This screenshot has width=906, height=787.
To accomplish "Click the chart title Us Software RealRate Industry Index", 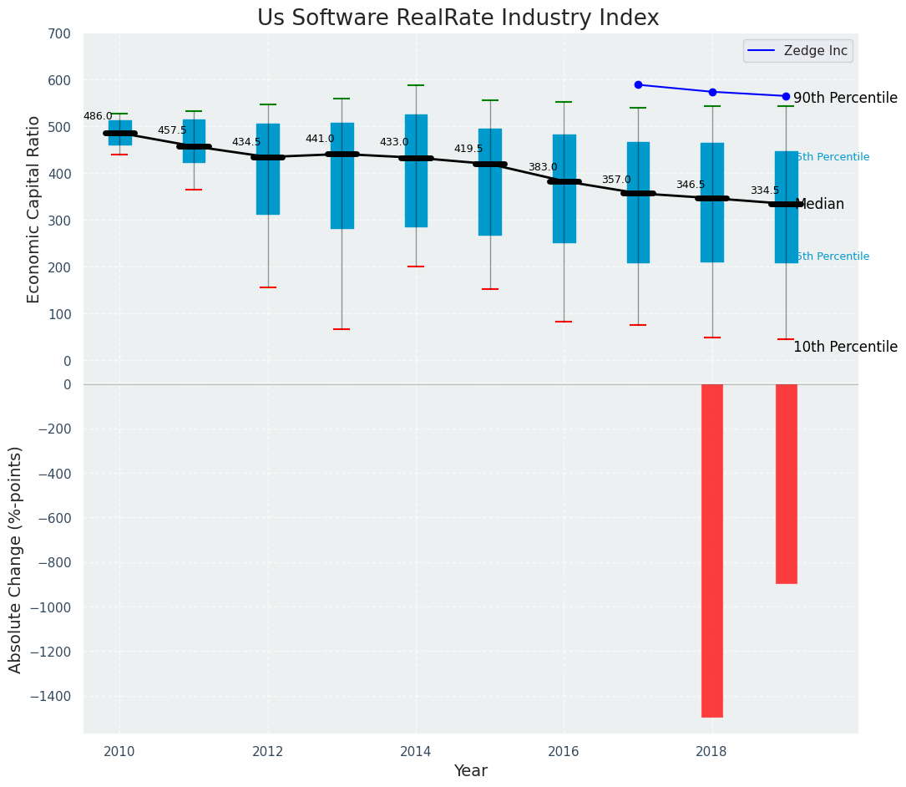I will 458,18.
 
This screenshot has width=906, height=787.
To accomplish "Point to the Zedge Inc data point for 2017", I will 638,84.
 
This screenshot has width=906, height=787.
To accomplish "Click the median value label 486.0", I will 98,116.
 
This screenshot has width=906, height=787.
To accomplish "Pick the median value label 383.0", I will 542,167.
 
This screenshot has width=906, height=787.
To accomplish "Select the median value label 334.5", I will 764,190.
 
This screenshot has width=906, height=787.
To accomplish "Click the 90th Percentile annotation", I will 845,98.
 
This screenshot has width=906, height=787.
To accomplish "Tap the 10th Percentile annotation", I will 845,347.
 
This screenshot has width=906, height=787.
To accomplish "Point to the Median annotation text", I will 820,204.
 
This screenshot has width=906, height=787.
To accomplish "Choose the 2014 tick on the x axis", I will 416,751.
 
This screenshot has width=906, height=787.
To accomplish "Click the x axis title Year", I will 470,771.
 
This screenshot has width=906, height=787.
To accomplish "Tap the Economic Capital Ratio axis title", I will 34,209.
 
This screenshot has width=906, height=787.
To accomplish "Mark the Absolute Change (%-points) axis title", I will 16,559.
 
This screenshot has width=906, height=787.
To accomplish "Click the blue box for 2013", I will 342,175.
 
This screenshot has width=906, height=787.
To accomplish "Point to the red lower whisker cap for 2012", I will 268,287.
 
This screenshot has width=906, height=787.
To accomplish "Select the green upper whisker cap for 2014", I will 416,85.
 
